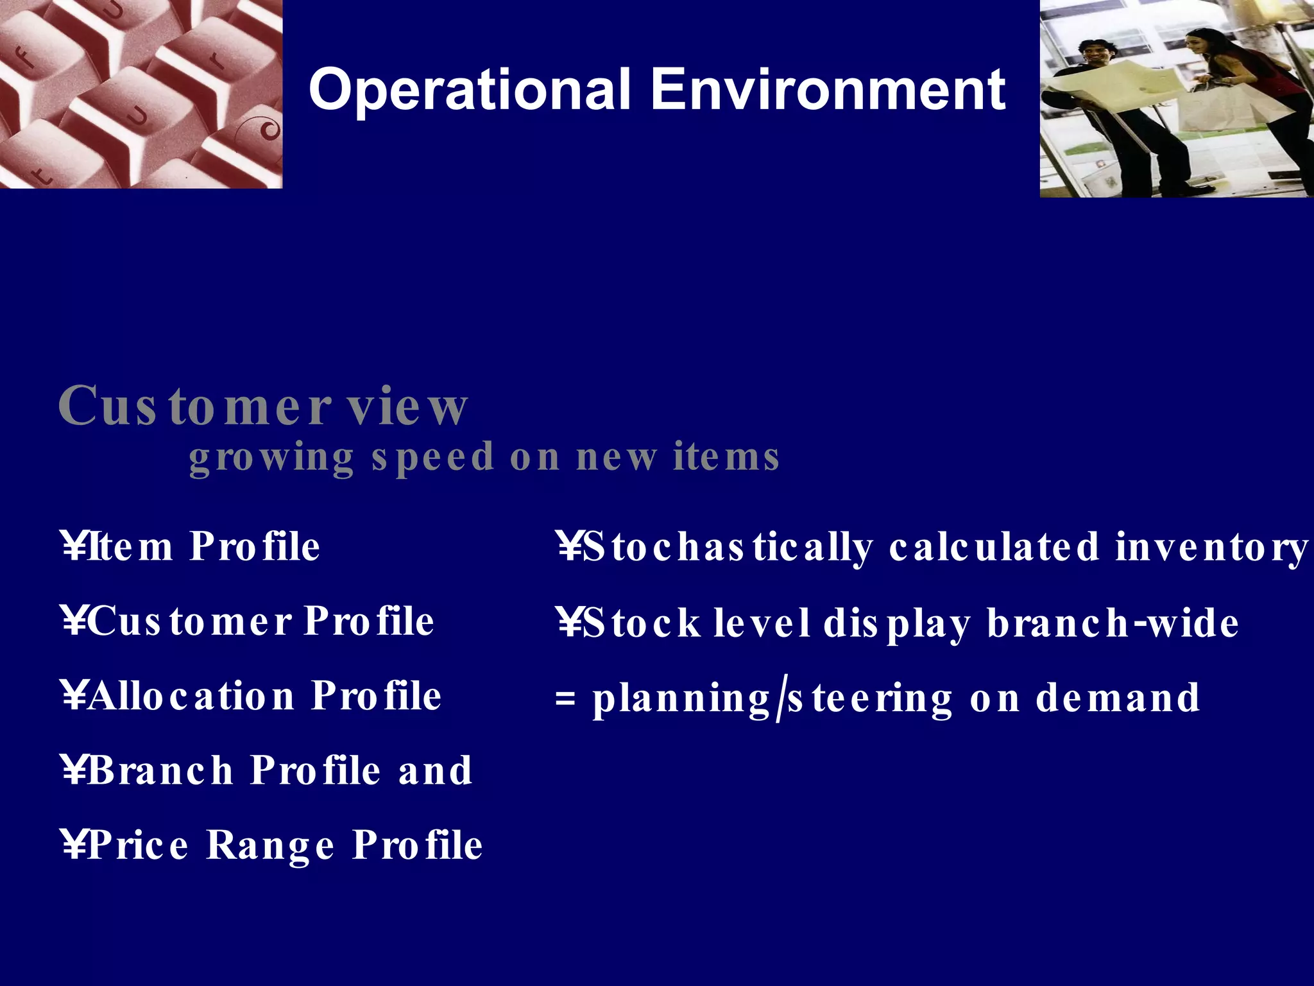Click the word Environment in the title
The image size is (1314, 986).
tap(828, 90)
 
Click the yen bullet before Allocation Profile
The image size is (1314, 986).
tap(74, 696)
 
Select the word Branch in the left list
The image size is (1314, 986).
tap(160, 770)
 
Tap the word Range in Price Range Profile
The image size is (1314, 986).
tap(270, 845)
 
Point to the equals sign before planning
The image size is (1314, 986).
tap(565, 698)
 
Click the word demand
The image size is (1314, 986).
tap(1117, 698)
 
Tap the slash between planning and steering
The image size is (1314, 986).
tap(779, 700)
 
